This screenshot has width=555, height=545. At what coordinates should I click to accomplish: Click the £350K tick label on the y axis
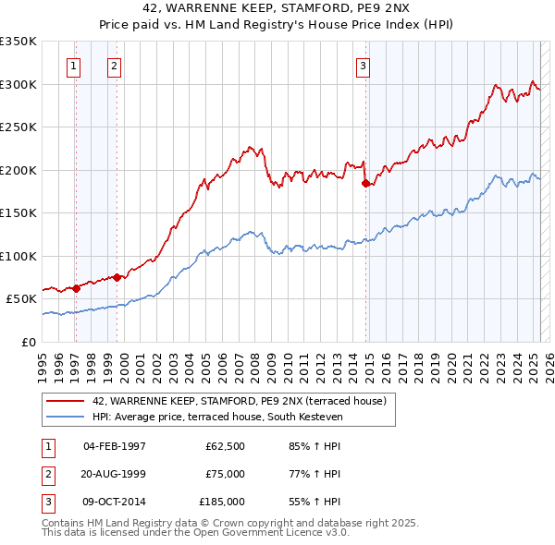coord(18,42)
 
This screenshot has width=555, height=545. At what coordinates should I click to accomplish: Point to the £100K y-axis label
coord(18,256)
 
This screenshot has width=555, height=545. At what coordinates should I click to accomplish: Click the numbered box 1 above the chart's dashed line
coord(73,66)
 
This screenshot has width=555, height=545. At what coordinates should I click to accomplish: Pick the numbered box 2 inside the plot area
coord(113,66)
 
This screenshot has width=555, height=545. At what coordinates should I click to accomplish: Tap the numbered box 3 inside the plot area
coord(364,66)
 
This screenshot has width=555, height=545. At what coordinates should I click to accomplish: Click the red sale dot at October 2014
coord(366,183)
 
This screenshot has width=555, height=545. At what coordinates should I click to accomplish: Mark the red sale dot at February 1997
coord(77,288)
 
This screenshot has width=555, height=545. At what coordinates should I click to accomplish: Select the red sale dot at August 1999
coord(118,277)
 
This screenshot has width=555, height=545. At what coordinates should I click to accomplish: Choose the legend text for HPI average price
coord(217,418)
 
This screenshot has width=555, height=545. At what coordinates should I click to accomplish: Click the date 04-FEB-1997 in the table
coord(115,446)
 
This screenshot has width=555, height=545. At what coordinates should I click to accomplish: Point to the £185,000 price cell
coord(222,502)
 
